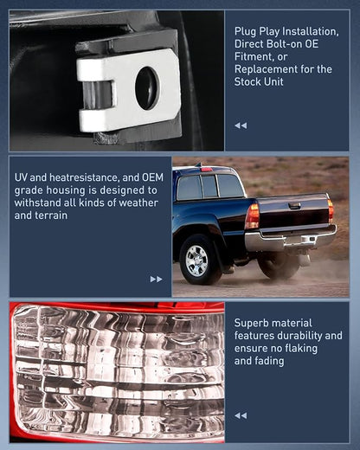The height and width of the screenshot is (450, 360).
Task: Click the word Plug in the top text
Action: pyautogui.click(x=244, y=31)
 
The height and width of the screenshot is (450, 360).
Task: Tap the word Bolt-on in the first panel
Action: pyautogui.click(x=290, y=44)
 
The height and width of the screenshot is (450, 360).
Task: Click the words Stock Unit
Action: pyautogui.click(x=259, y=81)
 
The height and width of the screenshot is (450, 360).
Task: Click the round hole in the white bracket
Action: pyautogui.click(x=147, y=88)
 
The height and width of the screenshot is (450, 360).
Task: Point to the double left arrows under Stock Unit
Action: pyautogui.click(x=241, y=125)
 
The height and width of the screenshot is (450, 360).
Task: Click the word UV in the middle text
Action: pyautogui.click(x=21, y=177)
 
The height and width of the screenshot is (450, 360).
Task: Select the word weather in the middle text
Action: pyautogui.click(x=138, y=202)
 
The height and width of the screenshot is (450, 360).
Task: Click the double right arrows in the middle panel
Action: pyautogui.click(x=156, y=280)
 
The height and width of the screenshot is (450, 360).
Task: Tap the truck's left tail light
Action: pyautogui.click(x=253, y=216)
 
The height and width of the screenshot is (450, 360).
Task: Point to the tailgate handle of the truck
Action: pyautogui.click(x=294, y=206)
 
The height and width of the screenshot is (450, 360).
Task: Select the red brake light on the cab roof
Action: pyautogui.click(x=207, y=170)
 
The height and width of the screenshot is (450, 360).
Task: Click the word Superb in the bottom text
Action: pyautogui.click(x=251, y=323)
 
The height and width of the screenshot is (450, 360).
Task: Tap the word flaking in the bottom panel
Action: pyautogui.click(x=300, y=348)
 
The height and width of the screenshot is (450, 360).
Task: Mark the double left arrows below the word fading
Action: pyautogui.click(x=241, y=415)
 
